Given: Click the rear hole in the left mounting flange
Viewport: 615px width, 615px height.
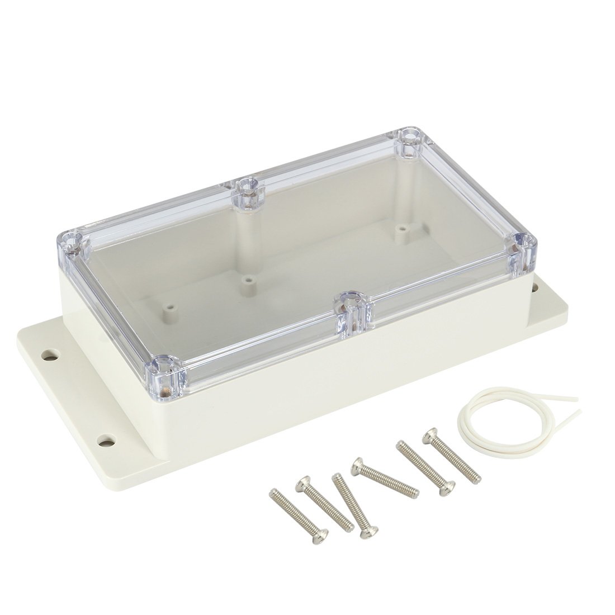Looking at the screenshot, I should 51,354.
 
